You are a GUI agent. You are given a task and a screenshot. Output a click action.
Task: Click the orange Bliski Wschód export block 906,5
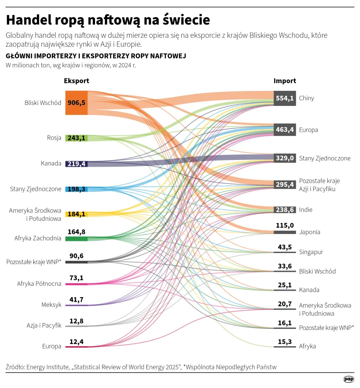click(76, 103)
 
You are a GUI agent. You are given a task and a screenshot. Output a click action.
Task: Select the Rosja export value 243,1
click(76, 138)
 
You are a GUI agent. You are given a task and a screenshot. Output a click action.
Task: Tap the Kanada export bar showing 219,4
click(76, 164)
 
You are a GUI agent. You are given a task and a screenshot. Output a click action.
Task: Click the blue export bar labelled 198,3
click(76, 189)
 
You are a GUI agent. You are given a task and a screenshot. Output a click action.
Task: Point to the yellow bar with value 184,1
click(76, 214)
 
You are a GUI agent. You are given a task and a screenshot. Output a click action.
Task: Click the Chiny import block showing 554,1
click(285, 98)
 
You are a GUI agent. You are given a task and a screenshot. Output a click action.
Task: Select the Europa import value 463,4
click(285, 130)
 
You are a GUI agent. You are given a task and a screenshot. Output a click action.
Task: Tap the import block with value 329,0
click(285, 158)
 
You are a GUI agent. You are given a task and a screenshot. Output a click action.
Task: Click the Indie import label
click(305, 210)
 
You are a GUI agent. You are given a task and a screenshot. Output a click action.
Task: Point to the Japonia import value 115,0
click(285, 225)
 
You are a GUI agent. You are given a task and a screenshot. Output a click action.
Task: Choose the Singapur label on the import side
click(311, 252)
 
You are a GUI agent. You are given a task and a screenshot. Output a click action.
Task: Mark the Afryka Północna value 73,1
click(76, 278)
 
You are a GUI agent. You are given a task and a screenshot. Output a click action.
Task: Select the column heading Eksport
click(76, 81)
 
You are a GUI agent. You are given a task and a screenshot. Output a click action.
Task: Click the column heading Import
click(285, 81)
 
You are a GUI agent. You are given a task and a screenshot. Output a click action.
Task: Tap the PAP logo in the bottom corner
click(348, 379)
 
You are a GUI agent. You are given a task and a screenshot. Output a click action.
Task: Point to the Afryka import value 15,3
click(285, 341)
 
